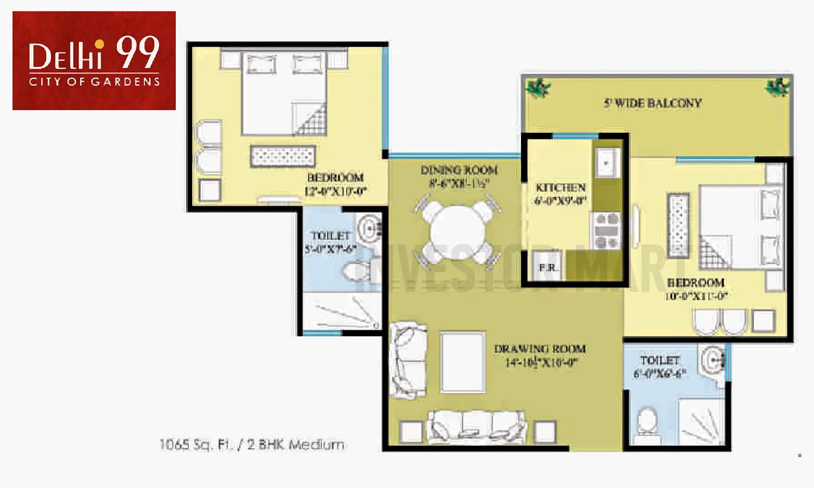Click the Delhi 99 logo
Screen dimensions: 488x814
pos(94,60)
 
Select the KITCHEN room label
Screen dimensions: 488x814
pos(561,188)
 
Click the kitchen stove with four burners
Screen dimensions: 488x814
pos(607,231)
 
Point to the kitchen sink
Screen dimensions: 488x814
pos(607,162)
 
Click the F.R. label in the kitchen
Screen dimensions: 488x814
pos(548,267)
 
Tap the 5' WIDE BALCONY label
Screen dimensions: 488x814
pos(653,103)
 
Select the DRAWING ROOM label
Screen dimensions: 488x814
pos(539,349)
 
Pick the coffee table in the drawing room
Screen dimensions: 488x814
pos(462,362)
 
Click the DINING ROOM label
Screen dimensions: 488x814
pos(459,170)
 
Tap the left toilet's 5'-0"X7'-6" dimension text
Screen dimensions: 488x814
pos(330,249)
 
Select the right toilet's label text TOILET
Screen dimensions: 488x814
pos(659,361)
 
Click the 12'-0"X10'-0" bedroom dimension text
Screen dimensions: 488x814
pos(335,191)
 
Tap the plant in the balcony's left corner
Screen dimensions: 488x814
pos(538,88)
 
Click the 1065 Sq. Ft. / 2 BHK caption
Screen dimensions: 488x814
pos(252,445)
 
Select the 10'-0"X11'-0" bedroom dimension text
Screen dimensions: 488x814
pos(696,297)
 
